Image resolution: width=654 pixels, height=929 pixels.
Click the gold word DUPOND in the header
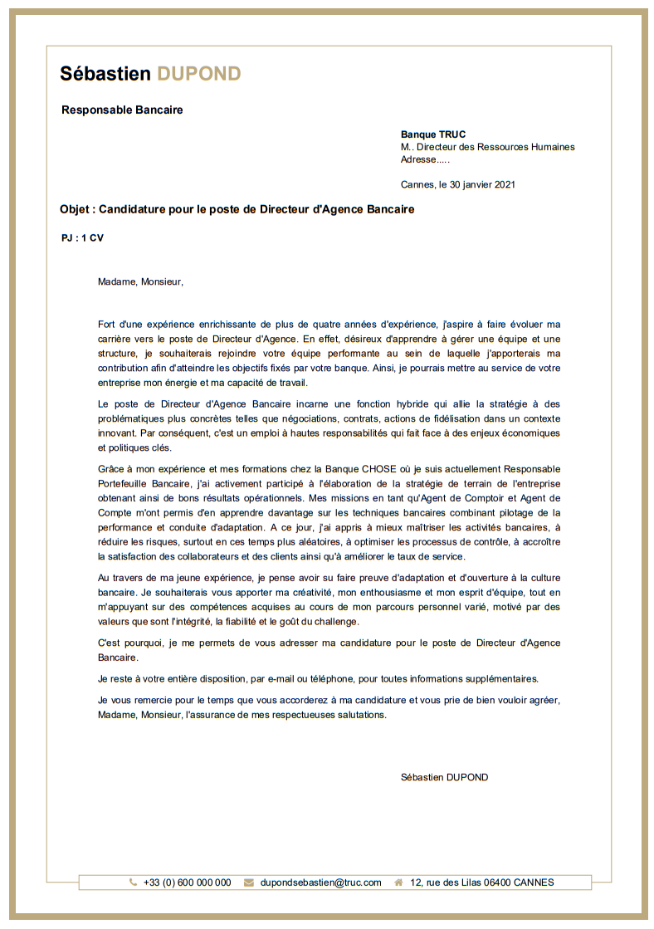[199, 74]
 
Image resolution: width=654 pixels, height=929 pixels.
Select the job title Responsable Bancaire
[122, 110]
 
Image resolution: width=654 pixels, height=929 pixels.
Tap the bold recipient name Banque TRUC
[433, 134]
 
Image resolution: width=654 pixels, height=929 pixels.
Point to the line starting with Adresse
[425, 159]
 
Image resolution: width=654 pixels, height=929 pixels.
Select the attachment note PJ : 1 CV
[83, 238]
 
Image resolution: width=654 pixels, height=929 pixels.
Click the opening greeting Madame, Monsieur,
[140, 281]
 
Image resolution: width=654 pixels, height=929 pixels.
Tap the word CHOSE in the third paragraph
[378, 469]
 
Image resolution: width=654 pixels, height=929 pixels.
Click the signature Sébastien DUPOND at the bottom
[444, 777]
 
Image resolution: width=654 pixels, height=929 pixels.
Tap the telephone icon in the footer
[133, 883]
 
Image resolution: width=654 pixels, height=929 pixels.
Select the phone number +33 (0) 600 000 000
[187, 883]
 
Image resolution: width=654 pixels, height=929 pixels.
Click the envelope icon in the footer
[249, 883]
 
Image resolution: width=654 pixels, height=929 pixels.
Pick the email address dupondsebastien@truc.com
[320, 883]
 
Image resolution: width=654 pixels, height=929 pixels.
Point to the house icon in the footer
[399, 883]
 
